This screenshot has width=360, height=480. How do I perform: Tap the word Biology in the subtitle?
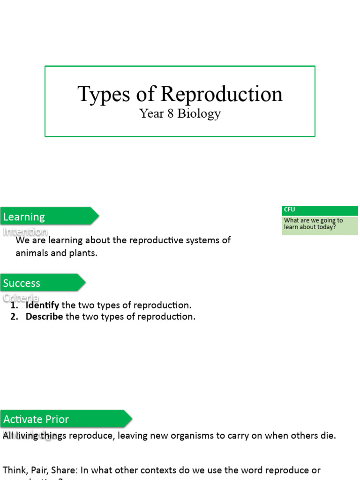pos(199,114)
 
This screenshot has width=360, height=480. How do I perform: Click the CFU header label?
pos(289,210)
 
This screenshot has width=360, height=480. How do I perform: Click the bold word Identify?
pos(42,305)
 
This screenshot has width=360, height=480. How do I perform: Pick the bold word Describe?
pos(44,316)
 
